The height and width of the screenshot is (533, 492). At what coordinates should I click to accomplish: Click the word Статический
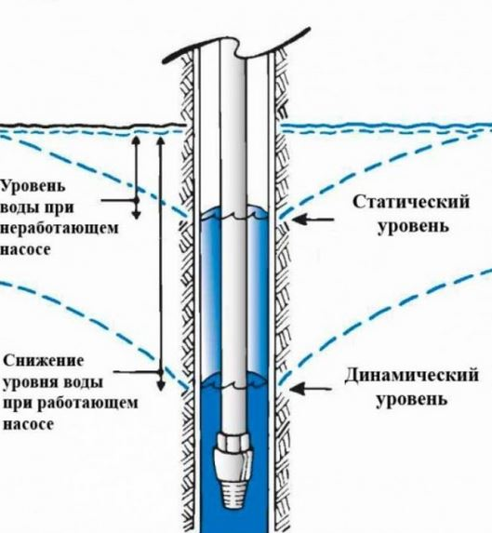point(411,202)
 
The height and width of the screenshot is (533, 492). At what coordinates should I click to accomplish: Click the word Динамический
point(411,376)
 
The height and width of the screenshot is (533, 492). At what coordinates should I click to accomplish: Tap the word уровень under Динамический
point(411,399)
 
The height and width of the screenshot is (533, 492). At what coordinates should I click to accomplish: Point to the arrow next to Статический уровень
point(312,220)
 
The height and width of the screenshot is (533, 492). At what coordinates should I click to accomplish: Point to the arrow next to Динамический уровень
point(311,389)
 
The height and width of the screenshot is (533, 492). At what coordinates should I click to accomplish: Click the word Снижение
point(43,360)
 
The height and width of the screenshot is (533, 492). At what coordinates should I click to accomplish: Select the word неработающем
point(60,228)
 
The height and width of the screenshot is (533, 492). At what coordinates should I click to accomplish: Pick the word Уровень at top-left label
point(33,187)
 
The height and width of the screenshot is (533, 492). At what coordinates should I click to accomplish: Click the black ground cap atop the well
point(236,46)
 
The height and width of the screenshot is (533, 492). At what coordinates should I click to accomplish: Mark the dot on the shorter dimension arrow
point(136,201)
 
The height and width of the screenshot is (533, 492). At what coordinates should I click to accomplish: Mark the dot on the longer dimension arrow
point(161,372)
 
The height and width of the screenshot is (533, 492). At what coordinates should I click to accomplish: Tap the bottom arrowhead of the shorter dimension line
point(136,215)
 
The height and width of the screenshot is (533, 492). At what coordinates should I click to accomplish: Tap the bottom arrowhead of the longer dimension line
point(161,386)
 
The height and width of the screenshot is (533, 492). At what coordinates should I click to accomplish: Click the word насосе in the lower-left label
point(29,424)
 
